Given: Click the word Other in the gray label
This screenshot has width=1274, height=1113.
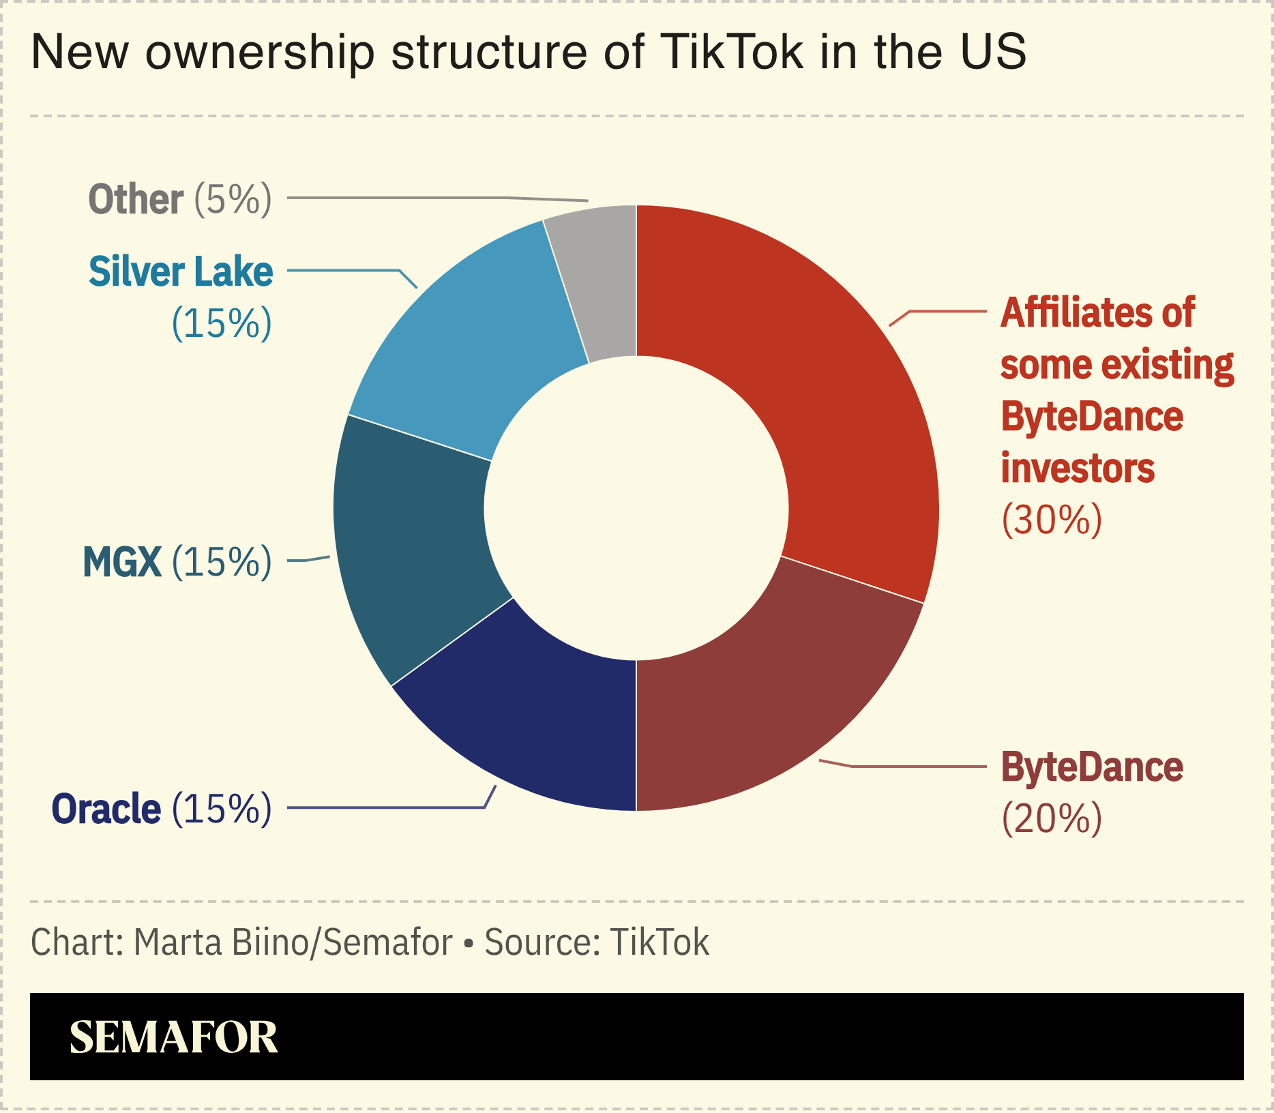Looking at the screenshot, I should tap(136, 199).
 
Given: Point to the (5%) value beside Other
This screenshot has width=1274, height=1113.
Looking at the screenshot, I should tap(233, 199).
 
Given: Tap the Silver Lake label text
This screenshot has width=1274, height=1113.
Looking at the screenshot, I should tap(181, 271).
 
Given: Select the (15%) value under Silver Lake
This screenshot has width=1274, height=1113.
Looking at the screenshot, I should tap(222, 323).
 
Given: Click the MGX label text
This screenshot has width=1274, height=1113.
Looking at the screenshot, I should tap(122, 562).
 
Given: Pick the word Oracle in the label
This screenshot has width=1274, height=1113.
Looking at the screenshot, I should tap(106, 809).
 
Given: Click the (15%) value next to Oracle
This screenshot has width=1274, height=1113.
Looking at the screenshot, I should tap(222, 809).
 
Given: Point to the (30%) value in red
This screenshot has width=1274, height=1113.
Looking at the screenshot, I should tap(1052, 520).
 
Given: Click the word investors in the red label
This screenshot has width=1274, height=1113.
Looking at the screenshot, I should tap(1078, 469).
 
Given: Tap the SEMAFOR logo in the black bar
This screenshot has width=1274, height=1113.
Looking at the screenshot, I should tap(174, 1037).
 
